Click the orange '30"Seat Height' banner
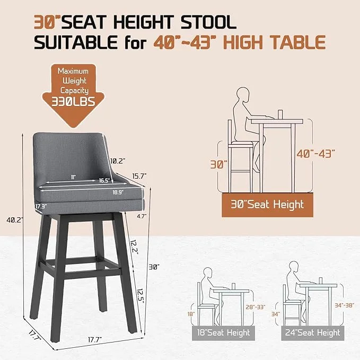coord(267,204)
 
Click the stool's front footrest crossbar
coord(80,266)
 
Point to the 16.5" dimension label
coord(104,180)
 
